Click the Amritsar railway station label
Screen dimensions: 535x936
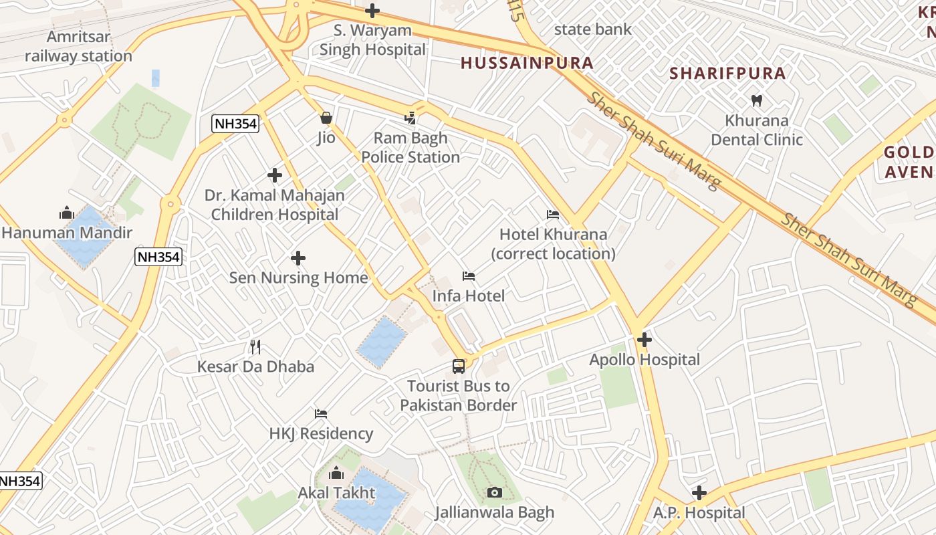(x=78, y=46)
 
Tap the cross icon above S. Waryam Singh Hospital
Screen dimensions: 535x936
(x=372, y=10)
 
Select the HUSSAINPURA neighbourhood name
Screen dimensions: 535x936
(x=527, y=64)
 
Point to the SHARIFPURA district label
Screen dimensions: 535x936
(x=727, y=74)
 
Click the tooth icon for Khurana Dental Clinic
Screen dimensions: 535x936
(x=757, y=101)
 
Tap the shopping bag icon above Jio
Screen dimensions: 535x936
(x=326, y=118)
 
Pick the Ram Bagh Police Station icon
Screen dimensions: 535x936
(x=411, y=118)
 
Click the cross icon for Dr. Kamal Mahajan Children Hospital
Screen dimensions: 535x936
(x=275, y=176)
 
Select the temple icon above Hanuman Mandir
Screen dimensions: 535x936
(x=66, y=213)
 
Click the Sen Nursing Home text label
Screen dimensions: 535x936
(x=298, y=278)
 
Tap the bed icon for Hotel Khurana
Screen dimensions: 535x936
(x=553, y=215)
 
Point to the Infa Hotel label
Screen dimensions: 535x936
(x=468, y=296)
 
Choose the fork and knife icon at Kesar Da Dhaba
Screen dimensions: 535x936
(x=255, y=346)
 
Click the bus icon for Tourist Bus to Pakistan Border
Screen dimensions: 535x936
(x=458, y=366)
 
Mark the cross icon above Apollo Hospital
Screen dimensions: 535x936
(x=645, y=340)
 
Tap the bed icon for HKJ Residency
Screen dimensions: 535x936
(x=321, y=414)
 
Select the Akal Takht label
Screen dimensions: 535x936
(x=336, y=493)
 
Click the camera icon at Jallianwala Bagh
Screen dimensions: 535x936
(x=494, y=493)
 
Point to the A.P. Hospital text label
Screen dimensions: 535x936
(x=699, y=513)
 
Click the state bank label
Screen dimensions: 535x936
(x=592, y=29)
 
